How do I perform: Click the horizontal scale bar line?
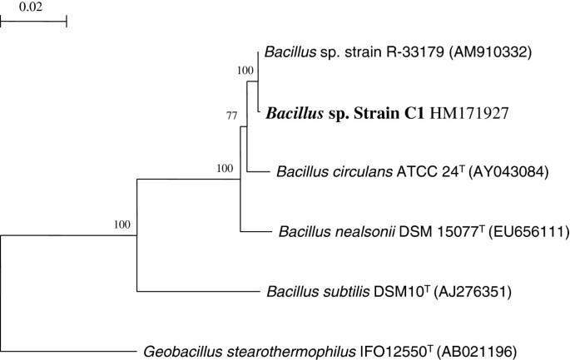[x=33, y=22]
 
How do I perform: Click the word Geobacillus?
[x=176, y=350]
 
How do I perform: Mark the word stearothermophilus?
[x=285, y=350]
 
